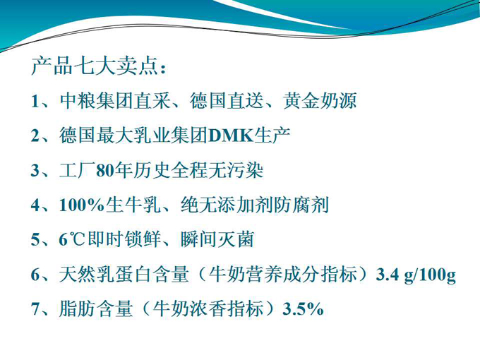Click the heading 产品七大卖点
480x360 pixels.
(x=95, y=66)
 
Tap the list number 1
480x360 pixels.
(x=35, y=101)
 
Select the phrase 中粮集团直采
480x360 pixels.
(x=115, y=101)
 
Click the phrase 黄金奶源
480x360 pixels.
(x=320, y=101)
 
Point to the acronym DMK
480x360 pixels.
(x=231, y=136)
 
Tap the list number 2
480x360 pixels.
(x=35, y=136)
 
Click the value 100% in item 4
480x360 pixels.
(x=82, y=205)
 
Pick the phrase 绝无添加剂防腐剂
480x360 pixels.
(x=255, y=205)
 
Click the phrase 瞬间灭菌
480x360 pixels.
(x=217, y=239)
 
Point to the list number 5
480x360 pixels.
(x=35, y=240)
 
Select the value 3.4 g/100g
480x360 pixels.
(x=416, y=275)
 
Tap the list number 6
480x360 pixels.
(x=35, y=275)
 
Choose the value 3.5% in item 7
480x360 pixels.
(x=303, y=309)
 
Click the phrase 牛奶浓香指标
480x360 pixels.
(x=208, y=309)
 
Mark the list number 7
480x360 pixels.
(x=35, y=309)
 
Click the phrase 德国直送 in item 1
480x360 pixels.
(x=227, y=101)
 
